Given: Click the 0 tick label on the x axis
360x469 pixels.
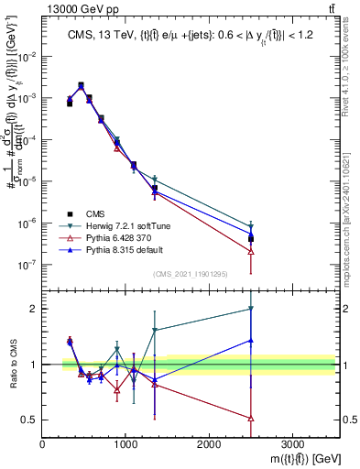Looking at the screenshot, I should point(42,444).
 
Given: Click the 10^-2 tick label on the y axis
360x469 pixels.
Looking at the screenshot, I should point(27,56).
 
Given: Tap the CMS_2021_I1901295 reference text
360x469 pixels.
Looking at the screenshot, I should point(191,274).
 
